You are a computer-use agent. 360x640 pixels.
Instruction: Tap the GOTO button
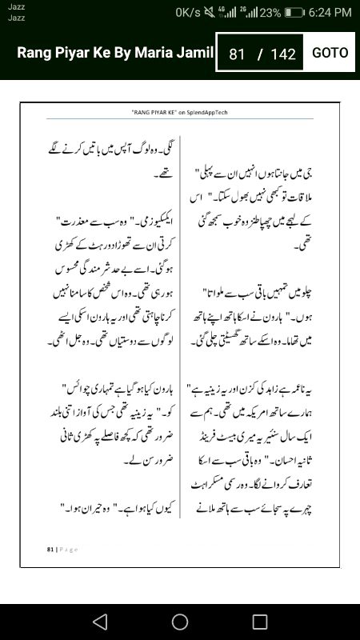330,53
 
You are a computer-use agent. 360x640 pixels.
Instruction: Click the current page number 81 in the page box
236,54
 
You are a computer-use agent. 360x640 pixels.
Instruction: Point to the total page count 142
283,54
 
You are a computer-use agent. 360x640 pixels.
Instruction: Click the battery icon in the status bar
294,12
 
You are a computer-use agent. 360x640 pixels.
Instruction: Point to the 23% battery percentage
270,12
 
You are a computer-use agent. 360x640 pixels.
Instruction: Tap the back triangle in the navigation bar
99,622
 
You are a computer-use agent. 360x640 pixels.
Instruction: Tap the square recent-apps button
260,622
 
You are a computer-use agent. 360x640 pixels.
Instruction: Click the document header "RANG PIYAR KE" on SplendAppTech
179,113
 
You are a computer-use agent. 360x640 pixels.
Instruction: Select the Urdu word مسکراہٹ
216,484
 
